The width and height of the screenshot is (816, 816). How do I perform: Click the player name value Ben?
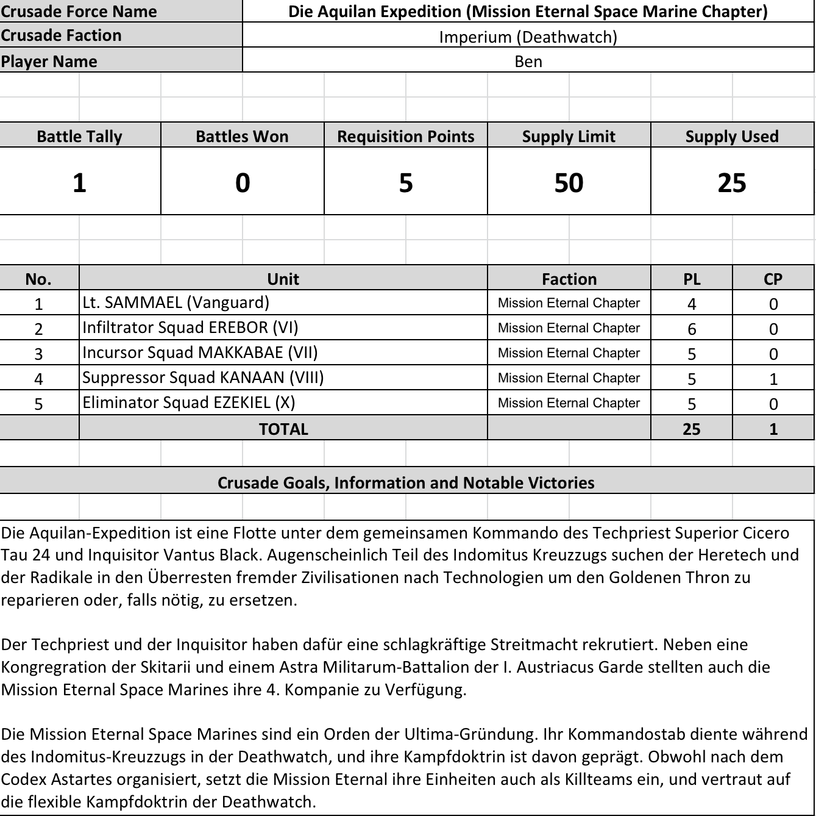[528, 61]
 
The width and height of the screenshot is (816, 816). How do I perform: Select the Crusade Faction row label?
[61, 35]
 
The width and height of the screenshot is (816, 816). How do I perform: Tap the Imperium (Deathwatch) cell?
[528, 37]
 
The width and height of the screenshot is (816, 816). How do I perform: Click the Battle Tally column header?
[79, 136]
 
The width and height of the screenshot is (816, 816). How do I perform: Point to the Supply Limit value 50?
[569, 182]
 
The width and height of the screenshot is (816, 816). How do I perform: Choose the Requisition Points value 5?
[406, 182]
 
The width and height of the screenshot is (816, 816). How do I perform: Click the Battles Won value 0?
[243, 182]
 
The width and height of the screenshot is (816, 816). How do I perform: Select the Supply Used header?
[732, 136]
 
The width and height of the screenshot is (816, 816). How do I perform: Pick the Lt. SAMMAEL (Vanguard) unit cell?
[176, 302]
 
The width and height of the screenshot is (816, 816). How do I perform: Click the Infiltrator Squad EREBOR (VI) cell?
[190, 327]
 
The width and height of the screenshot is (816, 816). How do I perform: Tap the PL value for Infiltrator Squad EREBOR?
[692, 329]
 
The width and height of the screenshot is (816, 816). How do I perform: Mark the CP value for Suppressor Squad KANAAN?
[773, 379]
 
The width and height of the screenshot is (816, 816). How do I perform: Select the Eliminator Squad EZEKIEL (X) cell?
[188, 403]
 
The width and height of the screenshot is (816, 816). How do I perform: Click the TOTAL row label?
[283, 429]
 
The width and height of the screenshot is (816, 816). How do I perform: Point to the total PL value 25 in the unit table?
[692, 429]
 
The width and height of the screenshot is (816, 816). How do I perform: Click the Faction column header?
[569, 279]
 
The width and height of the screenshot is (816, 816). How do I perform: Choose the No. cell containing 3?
[38, 354]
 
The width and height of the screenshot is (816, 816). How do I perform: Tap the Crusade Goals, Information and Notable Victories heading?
[406, 482]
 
